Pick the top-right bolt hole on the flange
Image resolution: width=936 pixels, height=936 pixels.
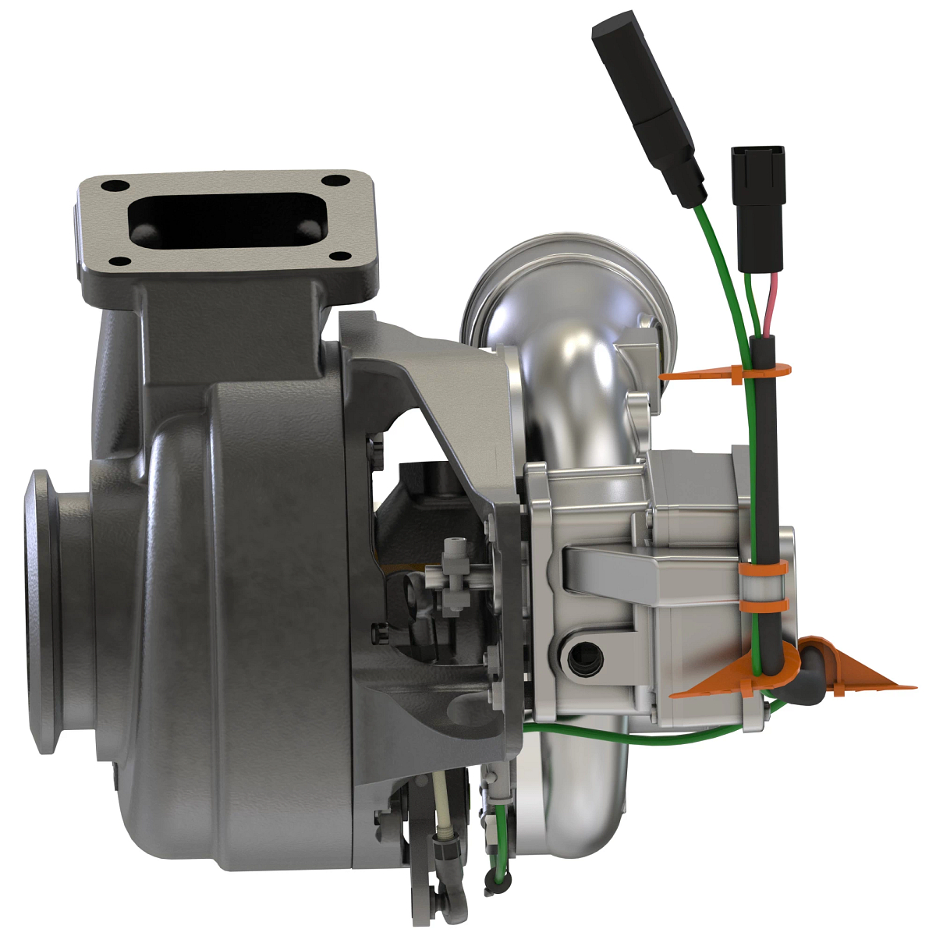[337, 181]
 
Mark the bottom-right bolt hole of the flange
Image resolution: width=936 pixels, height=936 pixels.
[338, 255]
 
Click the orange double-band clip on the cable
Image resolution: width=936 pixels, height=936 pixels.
[763, 586]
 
